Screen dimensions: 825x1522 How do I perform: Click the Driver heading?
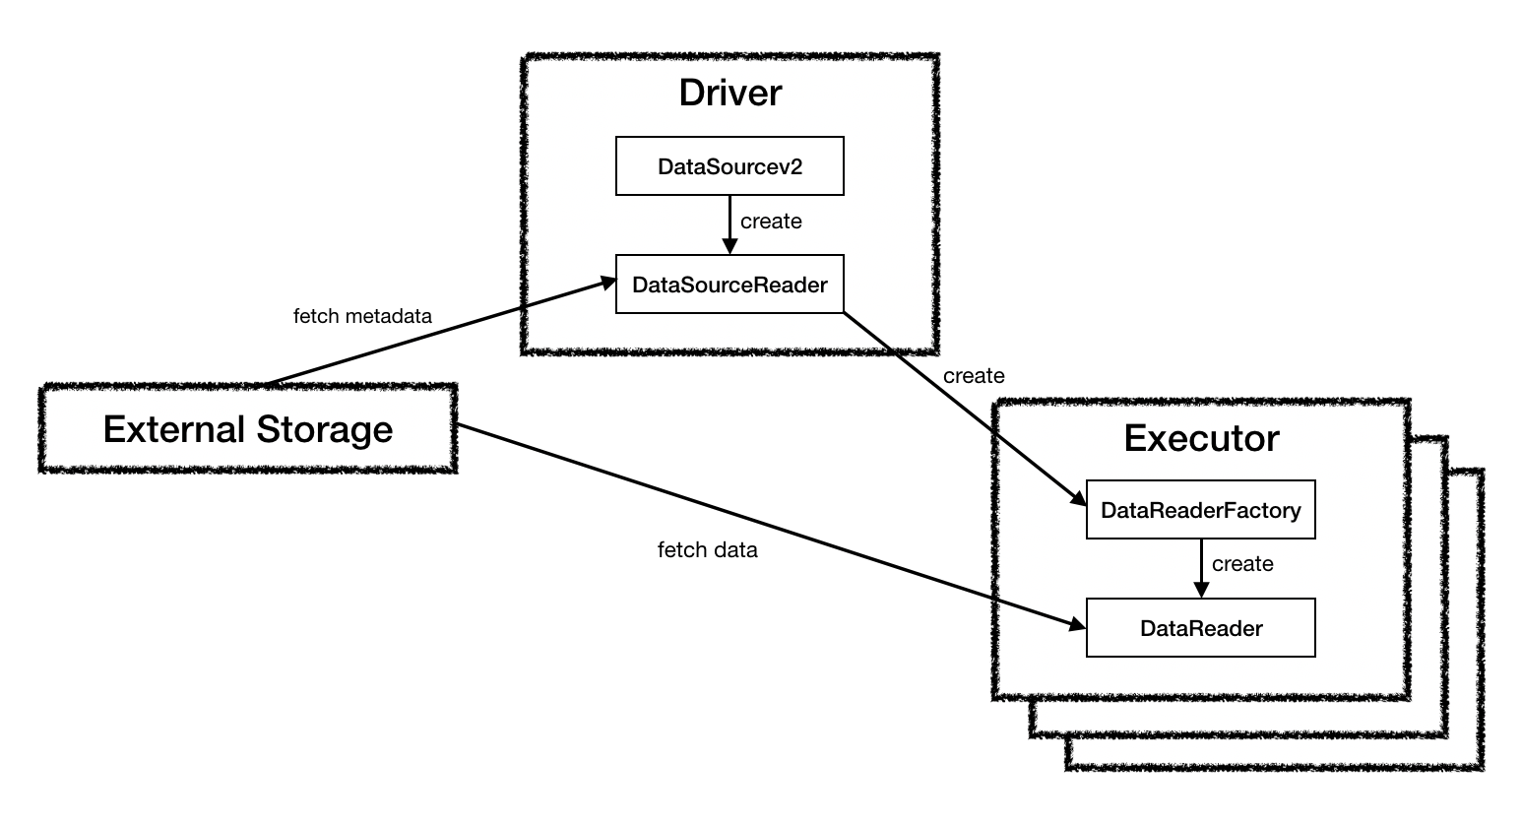coord(729,93)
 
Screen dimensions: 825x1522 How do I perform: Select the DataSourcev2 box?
coord(729,166)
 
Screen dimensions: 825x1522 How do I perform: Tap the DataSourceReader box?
coord(729,285)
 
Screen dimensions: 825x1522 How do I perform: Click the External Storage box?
coord(247,430)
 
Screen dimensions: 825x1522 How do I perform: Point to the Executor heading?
coord(1201,438)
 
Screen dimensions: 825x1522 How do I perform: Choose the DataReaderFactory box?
coord(1200,510)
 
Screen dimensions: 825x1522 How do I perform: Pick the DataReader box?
coord(1200,628)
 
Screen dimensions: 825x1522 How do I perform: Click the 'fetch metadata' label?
coord(362,316)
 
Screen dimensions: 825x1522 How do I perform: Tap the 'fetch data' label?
coord(707,550)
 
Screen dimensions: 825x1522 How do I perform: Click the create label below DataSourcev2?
coord(771,222)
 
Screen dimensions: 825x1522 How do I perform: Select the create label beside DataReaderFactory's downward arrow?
coord(1242,564)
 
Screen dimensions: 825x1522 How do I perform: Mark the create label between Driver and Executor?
coord(973,376)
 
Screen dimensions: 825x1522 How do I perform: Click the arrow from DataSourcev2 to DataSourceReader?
coord(729,224)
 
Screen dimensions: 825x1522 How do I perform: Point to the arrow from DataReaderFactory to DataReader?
coord(1200,567)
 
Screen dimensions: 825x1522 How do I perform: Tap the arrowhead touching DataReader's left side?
coord(1076,624)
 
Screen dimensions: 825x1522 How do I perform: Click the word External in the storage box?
coord(173,430)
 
